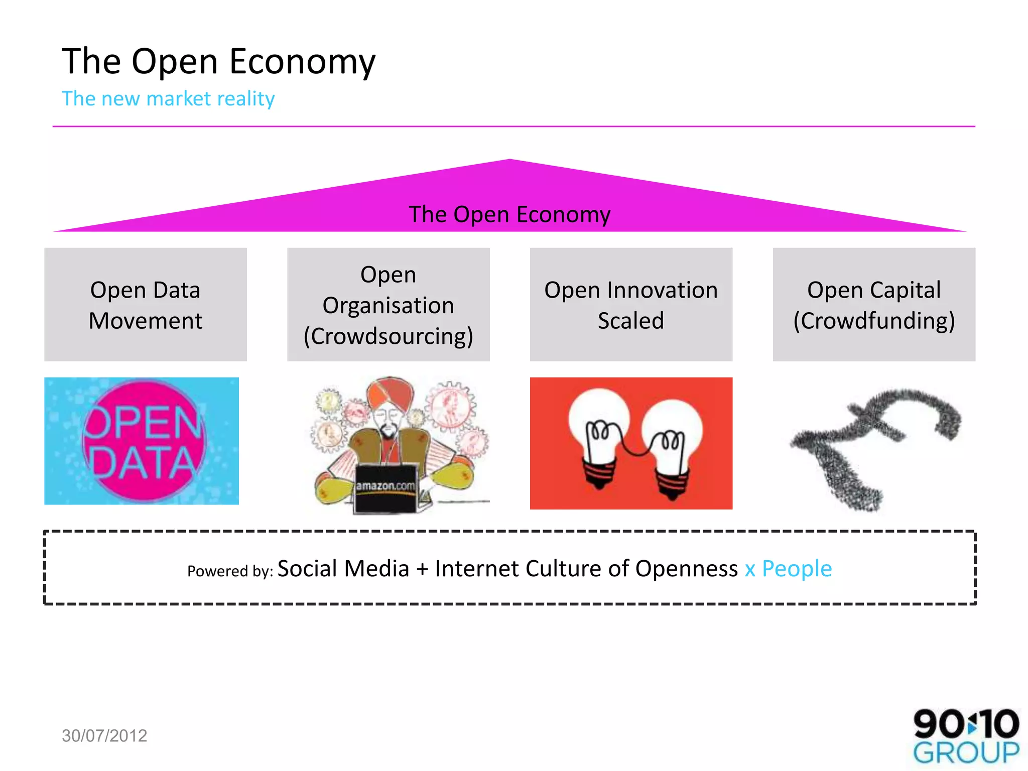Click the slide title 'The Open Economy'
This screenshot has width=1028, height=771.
[218, 61]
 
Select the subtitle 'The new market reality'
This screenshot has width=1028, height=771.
[168, 98]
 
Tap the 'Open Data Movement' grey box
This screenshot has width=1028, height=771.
[146, 305]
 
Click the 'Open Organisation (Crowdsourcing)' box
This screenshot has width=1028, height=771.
[388, 305]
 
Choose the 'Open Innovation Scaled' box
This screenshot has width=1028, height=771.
[631, 305]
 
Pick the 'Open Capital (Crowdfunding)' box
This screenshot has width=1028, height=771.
[874, 305]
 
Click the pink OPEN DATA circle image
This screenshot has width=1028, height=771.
[144, 441]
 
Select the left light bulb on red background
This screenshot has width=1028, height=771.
[598, 432]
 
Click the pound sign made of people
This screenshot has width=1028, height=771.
[873, 444]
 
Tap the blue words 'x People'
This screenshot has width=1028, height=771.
[788, 569]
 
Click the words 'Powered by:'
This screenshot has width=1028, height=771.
[230, 571]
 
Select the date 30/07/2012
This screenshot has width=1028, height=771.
[104, 735]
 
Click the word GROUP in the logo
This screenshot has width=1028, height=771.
[966, 753]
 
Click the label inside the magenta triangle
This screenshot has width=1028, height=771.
[509, 214]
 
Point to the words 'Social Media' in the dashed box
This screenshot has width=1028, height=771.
[343, 569]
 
